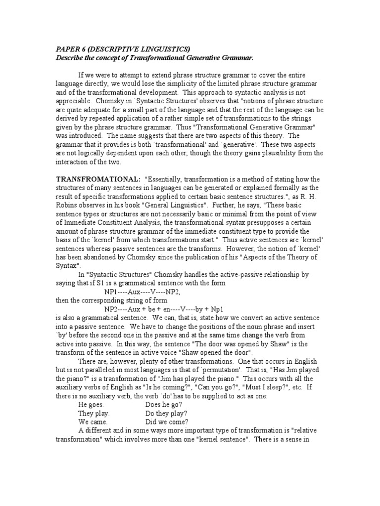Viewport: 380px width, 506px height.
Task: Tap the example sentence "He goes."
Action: pos(91,404)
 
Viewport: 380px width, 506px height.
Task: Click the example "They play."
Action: pos(94,413)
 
